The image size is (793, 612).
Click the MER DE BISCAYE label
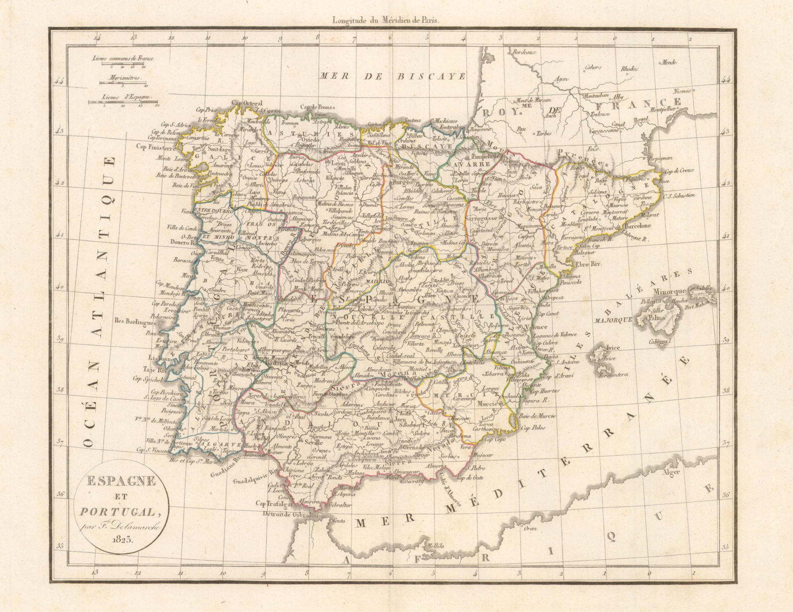pos(392,76)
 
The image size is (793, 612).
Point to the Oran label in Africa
pos(531,528)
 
